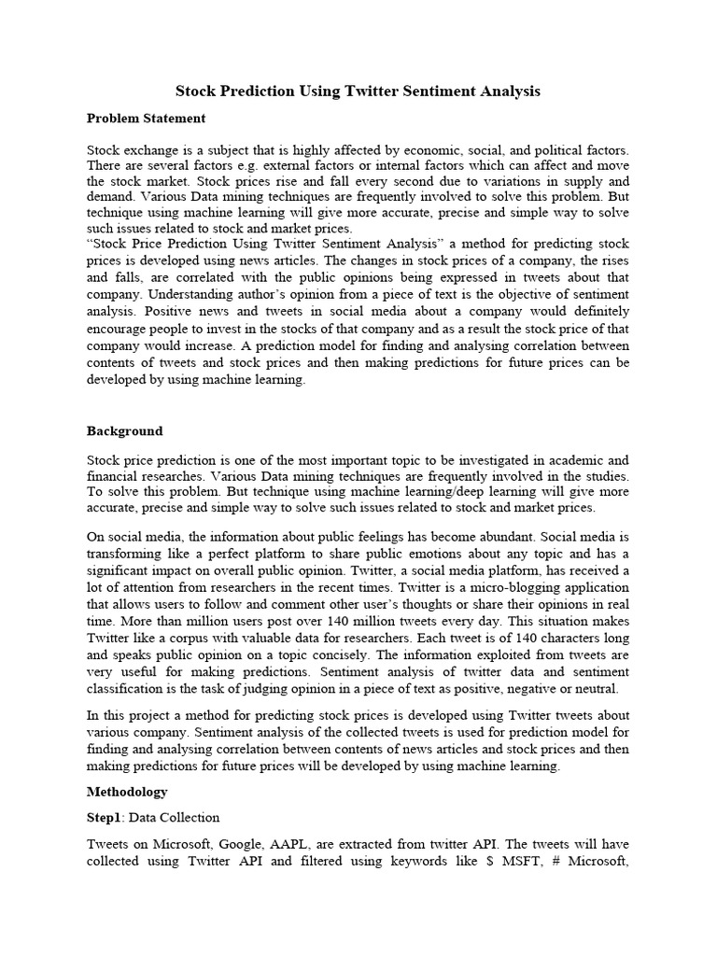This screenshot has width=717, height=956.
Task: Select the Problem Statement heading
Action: (146, 119)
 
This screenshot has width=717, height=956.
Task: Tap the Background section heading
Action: (124, 431)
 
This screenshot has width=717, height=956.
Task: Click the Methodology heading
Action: (127, 792)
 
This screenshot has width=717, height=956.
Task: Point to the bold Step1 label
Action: (105, 817)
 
